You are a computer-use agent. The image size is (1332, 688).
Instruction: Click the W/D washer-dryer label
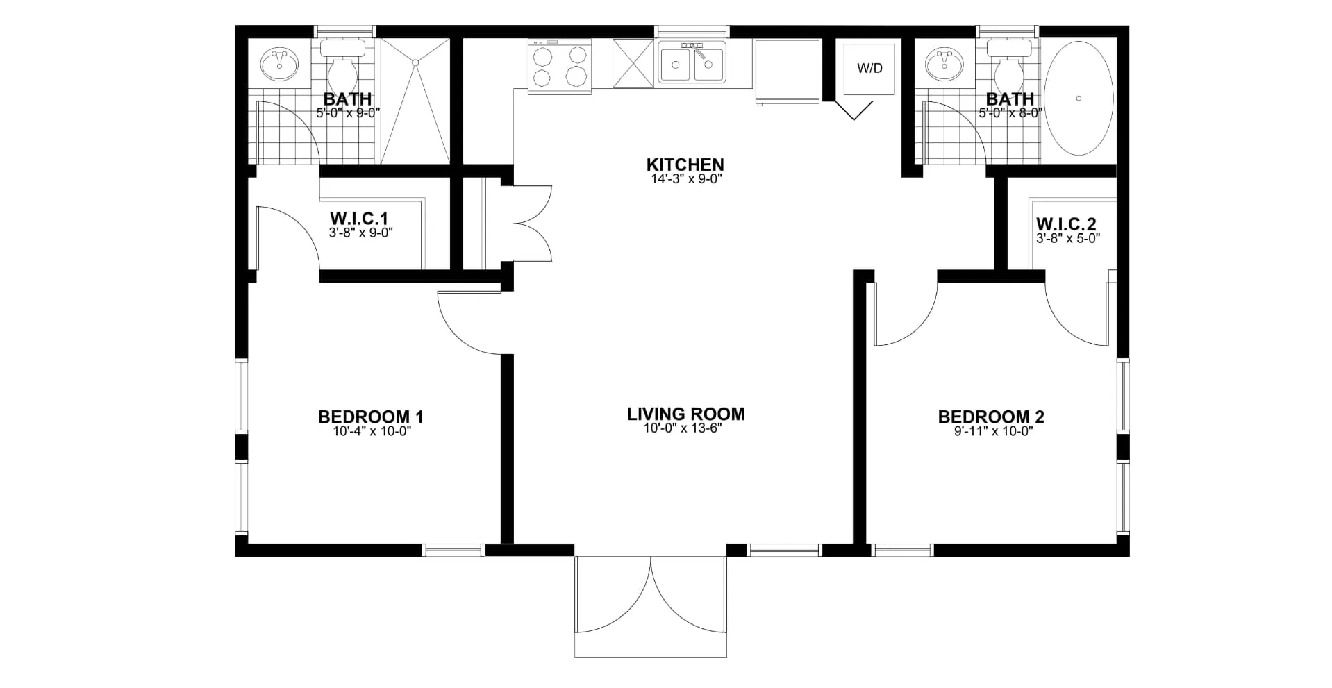[x=869, y=68]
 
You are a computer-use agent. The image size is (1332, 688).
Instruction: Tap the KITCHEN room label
[x=685, y=165]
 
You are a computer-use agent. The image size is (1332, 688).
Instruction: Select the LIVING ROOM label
[x=685, y=414]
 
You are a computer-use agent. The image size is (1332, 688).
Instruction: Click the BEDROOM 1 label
[x=371, y=417]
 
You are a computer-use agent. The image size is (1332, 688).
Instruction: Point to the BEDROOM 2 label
[x=991, y=417]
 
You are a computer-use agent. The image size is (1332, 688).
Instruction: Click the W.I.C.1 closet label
[x=359, y=218]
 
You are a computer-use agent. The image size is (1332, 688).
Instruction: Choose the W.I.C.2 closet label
[x=1066, y=224]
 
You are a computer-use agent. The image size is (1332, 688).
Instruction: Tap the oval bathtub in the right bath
[x=1079, y=98]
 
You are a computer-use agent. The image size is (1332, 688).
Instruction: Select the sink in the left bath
[x=280, y=64]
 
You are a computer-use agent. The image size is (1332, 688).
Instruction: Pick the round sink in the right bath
[x=944, y=64]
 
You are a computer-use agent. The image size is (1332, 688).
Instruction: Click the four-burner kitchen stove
[x=559, y=66]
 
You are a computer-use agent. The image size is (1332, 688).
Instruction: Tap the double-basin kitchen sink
[x=692, y=62]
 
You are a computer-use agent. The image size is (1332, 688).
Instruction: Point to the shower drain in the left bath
[x=415, y=62]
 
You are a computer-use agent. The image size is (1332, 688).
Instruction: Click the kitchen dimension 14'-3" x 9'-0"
[x=685, y=178]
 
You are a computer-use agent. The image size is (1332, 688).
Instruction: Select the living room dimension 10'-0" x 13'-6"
[x=683, y=428]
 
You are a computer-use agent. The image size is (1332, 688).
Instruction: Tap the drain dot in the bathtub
[x=1079, y=98]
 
